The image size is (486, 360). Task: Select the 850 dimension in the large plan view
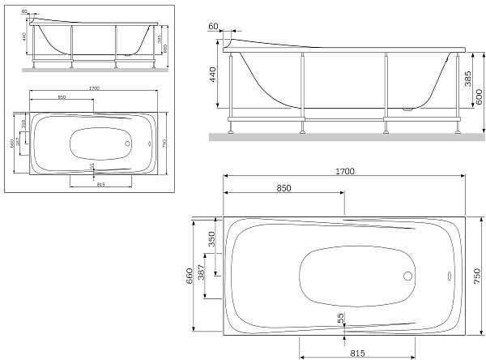point(283,188)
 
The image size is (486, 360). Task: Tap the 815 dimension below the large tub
point(356,353)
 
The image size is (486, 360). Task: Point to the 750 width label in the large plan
point(478,276)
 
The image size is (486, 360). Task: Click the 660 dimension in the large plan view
point(190,276)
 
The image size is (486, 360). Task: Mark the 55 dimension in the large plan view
point(341,319)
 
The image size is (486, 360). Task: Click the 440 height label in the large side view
point(214,77)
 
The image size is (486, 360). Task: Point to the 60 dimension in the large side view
point(213,27)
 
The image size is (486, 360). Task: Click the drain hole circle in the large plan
point(407,274)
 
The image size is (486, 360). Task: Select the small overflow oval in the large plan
point(448,274)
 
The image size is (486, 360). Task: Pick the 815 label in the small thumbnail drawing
point(100,185)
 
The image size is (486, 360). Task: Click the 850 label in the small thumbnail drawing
point(62,99)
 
